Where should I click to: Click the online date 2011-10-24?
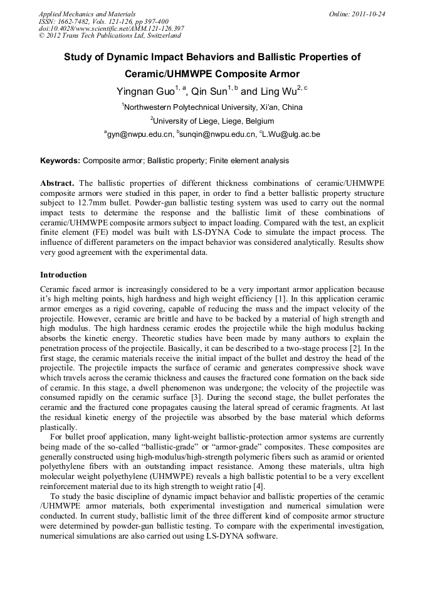point(367,13)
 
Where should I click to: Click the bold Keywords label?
point(60,161)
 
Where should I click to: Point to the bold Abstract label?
point(57,182)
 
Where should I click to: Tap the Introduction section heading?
point(63,275)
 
